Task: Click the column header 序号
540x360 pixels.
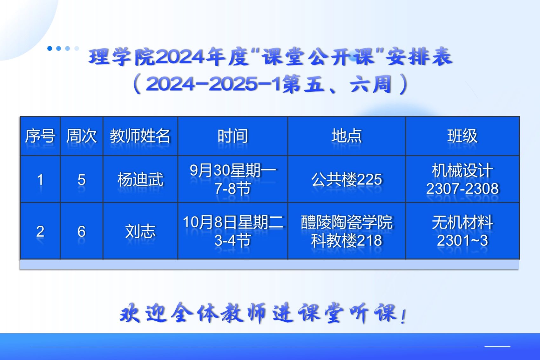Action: coord(40,136)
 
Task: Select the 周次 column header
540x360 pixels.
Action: coord(82,136)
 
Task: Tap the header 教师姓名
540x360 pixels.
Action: coord(140,136)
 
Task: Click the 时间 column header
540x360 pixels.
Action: coord(233,136)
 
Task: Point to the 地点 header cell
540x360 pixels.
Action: coord(347,136)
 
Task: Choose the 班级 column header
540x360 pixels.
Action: coord(462,136)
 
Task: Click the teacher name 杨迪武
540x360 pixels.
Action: coord(140,179)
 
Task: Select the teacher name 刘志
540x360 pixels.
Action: coord(140,231)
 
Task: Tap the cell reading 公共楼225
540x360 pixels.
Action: coord(347,179)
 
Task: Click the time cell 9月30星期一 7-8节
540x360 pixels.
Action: coord(233,179)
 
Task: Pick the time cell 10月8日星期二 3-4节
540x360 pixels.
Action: coord(233,231)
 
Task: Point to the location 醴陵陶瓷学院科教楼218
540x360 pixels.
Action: coord(347,231)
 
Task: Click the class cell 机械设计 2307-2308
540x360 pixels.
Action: coord(462,179)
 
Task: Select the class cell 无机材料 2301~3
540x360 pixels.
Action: coord(462,231)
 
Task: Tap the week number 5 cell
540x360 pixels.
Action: coord(82,180)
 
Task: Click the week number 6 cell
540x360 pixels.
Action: coord(82,231)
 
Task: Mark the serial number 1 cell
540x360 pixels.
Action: coord(40,180)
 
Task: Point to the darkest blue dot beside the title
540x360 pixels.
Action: coord(50,49)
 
